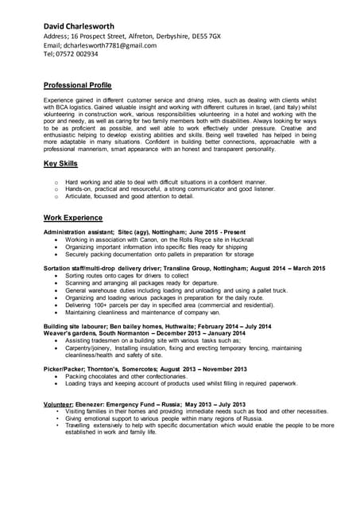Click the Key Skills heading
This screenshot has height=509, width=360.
[x=60, y=163]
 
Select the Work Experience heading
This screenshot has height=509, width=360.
[x=72, y=217]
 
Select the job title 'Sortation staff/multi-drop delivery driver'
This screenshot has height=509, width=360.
[x=106, y=269]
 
